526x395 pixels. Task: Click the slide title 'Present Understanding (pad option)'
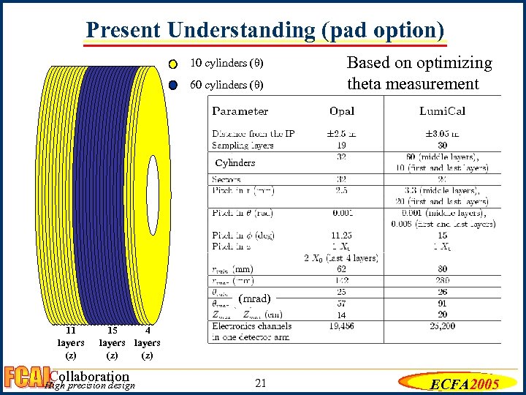pyautogui.click(x=264, y=29)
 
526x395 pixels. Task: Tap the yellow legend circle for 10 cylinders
pyautogui.click(x=172, y=62)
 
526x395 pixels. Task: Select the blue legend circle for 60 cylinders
pyautogui.click(x=172, y=84)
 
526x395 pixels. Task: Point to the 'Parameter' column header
pyautogui.click(x=240, y=111)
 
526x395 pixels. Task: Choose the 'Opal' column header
pyautogui.click(x=341, y=111)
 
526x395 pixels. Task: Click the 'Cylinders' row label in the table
pyautogui.click(x=235, y=162)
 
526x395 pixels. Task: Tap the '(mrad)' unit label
pyautogui.click(x=254, y=298)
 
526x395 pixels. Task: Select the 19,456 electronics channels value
pyautogui.click(x=341, y=326)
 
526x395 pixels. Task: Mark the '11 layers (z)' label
pyautogui.click(x=71, y=342)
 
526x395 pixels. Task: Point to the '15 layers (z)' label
pyautogui.click(x=112, y=342)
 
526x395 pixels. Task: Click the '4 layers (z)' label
pyautogui.click(x=147, y=342)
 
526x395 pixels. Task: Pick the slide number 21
pyautogui.click(x=262, y=383)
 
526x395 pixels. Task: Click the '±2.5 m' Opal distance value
pyautogui.click(x=341, y=134)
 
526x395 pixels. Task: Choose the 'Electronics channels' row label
pyautogui.click(x=252, y=326)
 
